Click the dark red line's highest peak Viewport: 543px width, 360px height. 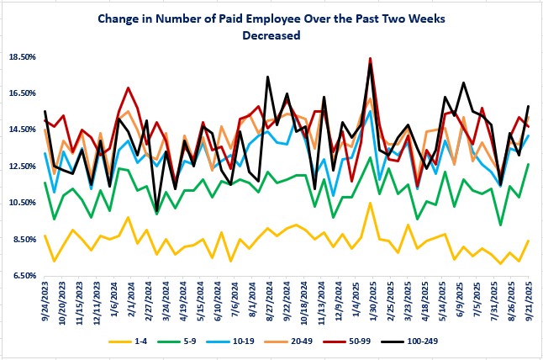pos(370,58)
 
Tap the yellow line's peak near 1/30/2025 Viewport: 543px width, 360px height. pos(370,203)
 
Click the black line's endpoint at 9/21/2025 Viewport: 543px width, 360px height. pos(528,106)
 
